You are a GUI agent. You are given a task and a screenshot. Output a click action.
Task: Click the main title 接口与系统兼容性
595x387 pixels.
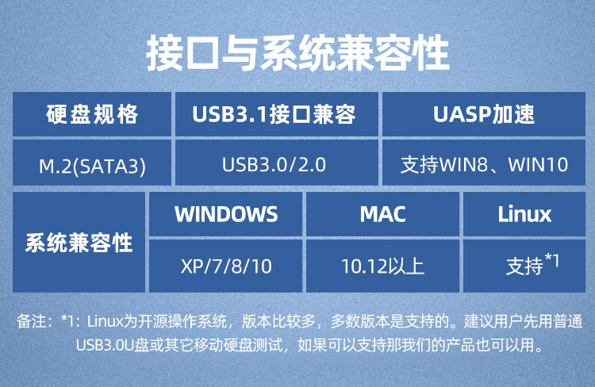[x=297, y=53]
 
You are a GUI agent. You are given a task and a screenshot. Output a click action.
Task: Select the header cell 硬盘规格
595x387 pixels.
[x=92, y=114]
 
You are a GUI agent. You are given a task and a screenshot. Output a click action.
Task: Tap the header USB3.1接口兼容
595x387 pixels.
[x=277, y=114]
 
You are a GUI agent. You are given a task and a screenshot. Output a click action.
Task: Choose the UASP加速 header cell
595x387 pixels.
[x=484, y=114]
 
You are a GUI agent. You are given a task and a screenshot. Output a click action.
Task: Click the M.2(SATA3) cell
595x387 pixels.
[x=92, y=163]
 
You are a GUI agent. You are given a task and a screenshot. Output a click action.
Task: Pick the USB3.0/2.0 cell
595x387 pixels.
[x=277, y=163]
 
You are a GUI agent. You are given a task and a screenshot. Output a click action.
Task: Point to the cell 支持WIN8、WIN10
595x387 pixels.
[x=484, y=163]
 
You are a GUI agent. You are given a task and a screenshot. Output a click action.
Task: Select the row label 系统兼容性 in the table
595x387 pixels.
[x=79, y=243]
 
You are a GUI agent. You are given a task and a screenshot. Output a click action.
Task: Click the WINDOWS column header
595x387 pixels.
[x=226, y=214]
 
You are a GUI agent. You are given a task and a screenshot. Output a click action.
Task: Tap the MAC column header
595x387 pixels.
[x=382, y=214]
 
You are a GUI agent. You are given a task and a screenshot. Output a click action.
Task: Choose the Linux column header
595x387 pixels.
[x=524, y=214]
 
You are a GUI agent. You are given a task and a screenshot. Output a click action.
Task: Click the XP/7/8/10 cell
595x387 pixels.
[x=226, y=266]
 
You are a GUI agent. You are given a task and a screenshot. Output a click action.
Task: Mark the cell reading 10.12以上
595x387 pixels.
[x=382, y=266]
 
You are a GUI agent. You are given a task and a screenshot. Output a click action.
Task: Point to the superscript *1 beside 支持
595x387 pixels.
[x=552, y=260]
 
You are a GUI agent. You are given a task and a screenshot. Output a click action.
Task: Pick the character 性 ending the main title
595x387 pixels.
[x=432, y=53]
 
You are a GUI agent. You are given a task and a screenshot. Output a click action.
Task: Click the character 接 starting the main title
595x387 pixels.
[x=165, y=53]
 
